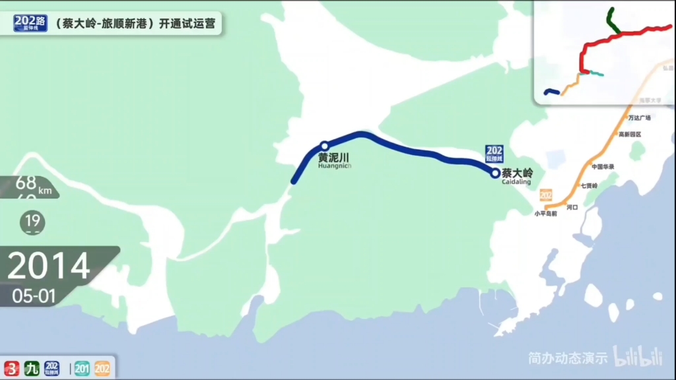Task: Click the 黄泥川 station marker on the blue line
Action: pyautogui.click(x=324, y=146)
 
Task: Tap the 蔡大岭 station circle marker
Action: pyautogui.click(x=495, y=174)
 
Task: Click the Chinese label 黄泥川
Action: pyautogui.click(x=333, y=158)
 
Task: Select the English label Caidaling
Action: pyautogui.click(x=516, y=182)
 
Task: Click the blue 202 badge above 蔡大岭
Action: pyautogui.click(x=494, y=153)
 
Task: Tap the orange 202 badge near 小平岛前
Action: pyautogui.click(x=545, y=195)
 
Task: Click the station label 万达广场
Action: pyautogui.click(x=639, y=118)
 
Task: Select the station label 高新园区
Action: pyautogui.click(x=630, y=135)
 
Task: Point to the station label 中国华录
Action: pyautogui.click(x=603, y=166)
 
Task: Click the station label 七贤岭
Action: pyautogui.click(x=589, y=186)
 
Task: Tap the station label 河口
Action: pyautogui.click(x=572, y=207)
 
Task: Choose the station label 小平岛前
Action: pyautogui.click(x=546, y=213)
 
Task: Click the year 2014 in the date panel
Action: pyautogui.click(x=48, y=266)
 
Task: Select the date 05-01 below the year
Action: pyautogui.click(x=34, y=296)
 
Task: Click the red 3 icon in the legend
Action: pyautogui.click(x=11, y=368)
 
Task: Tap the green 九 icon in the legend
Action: pyautogui.click(x=32, y=368)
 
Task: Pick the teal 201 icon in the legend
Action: pyautogui.click(x=83, y=368)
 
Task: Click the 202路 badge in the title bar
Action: pyautogui.click(x=30, y=23)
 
